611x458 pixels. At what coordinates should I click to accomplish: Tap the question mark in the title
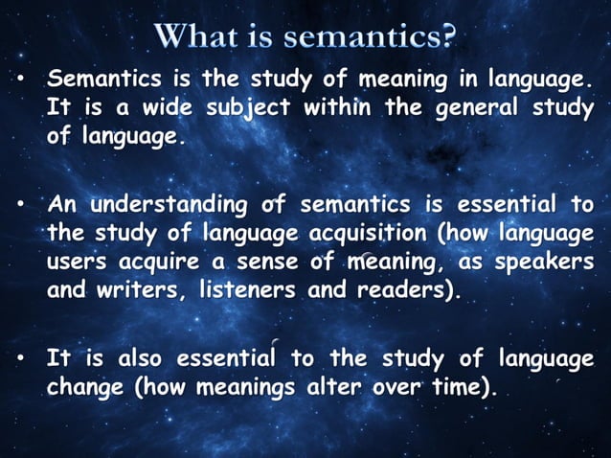pyautogui.click(x=447, y=39)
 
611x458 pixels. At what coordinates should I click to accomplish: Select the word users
pyautogui.click(x=79, y=262)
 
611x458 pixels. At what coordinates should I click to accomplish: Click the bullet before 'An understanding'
pyautogui.click(x=19, y=205)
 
